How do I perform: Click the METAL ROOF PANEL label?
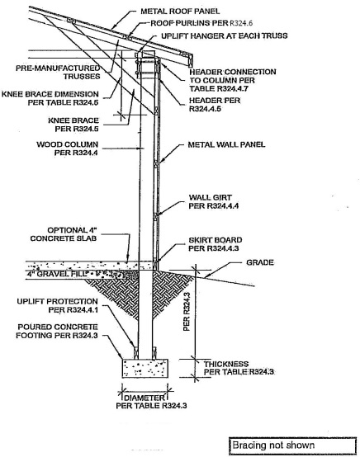[x=180, y=12]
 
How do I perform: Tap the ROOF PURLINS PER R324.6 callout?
[x=201, y=23]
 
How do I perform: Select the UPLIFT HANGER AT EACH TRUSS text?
[x=225, y=35]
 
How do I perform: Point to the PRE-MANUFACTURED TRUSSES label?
[x=58, y=73]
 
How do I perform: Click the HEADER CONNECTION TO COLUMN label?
[x=233, y=80]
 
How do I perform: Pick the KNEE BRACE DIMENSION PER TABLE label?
[x=50, y=98]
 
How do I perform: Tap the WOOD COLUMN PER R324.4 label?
[x=68, y=148]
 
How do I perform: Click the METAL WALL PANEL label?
[x=226, y=144]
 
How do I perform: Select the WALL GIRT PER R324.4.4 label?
[x=214, y=201]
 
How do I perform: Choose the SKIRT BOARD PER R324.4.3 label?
[x=216, y=244]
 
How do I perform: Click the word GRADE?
[x=260, y=262]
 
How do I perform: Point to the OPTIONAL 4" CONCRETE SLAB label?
[x=64, y=234]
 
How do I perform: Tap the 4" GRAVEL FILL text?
[x=58, y=274]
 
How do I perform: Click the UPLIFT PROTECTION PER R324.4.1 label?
[x=58, y=305]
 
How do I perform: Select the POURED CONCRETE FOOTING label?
[x=57, y=332]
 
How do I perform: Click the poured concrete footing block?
[x=145, y=368]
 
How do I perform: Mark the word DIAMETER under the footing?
[x=144, y=398]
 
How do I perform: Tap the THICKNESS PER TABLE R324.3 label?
[x=239, y=368]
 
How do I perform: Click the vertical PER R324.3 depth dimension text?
[x=187, y=311]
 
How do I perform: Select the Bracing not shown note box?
[x=292, y=446]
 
